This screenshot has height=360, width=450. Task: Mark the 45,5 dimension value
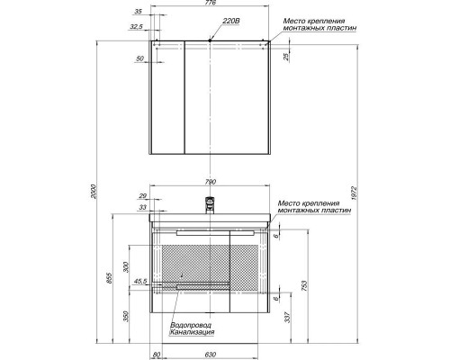139,283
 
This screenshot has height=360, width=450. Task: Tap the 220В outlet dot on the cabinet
210,41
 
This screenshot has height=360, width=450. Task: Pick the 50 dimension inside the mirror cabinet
140,58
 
